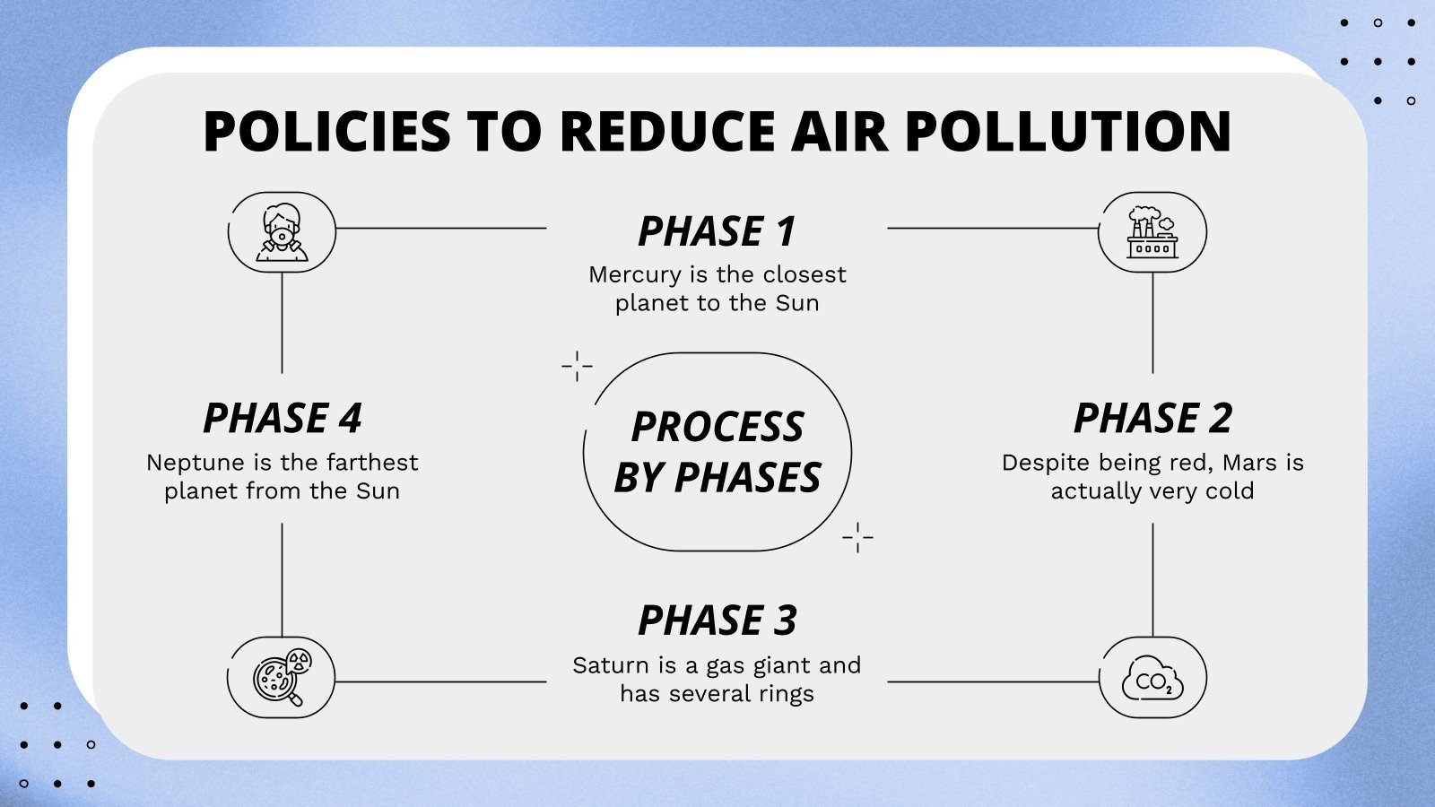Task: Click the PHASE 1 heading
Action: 717,231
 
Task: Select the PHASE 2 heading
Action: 1152,419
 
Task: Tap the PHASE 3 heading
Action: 717,620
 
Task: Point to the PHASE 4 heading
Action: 282,419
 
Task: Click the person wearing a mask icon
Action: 282,232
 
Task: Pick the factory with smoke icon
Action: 1152,232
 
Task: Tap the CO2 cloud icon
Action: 1152,678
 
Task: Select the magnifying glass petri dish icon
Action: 282,678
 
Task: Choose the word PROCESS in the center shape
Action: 717,427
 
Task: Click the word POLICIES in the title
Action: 326,131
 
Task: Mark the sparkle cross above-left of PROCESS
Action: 577,366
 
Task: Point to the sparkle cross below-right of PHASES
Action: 857,537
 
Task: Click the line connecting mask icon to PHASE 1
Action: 440,228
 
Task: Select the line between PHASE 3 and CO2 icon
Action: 993,681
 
